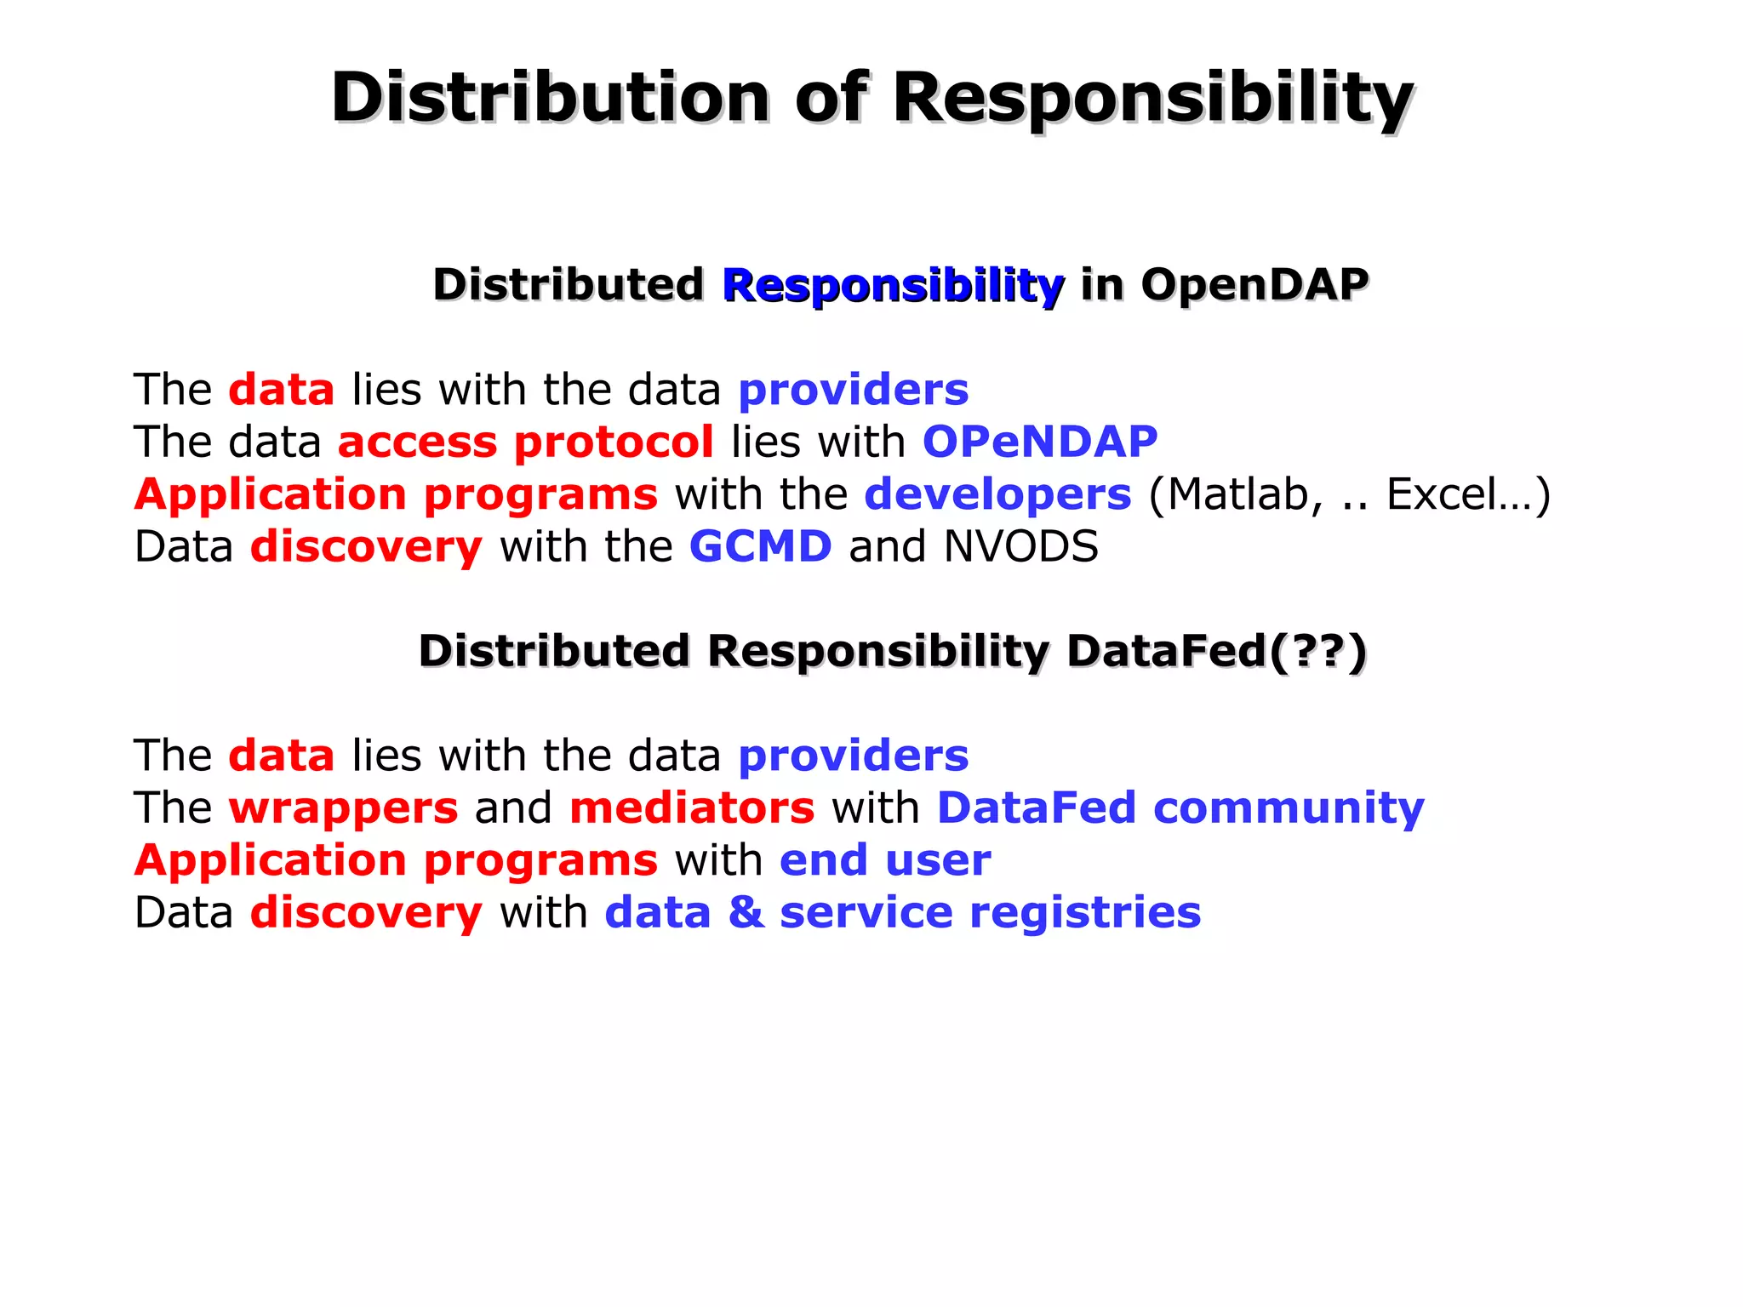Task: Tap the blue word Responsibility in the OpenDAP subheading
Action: (893, 285)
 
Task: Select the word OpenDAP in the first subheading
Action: (1254, 284)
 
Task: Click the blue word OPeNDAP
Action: (1040, 442)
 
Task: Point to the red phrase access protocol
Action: (525, 442)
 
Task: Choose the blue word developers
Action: (997, 494)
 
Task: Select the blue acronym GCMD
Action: (760, 546)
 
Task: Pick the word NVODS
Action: (1020, 546)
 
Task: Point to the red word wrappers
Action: (343, 808)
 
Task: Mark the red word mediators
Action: (692, 808)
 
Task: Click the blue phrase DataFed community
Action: (1180, 808)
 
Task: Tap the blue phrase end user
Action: (885, 860)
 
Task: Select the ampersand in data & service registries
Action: (746, 912)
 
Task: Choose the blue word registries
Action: (1085, 912)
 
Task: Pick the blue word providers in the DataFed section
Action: (853, 756)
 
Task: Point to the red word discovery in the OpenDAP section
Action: (366, 546)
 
